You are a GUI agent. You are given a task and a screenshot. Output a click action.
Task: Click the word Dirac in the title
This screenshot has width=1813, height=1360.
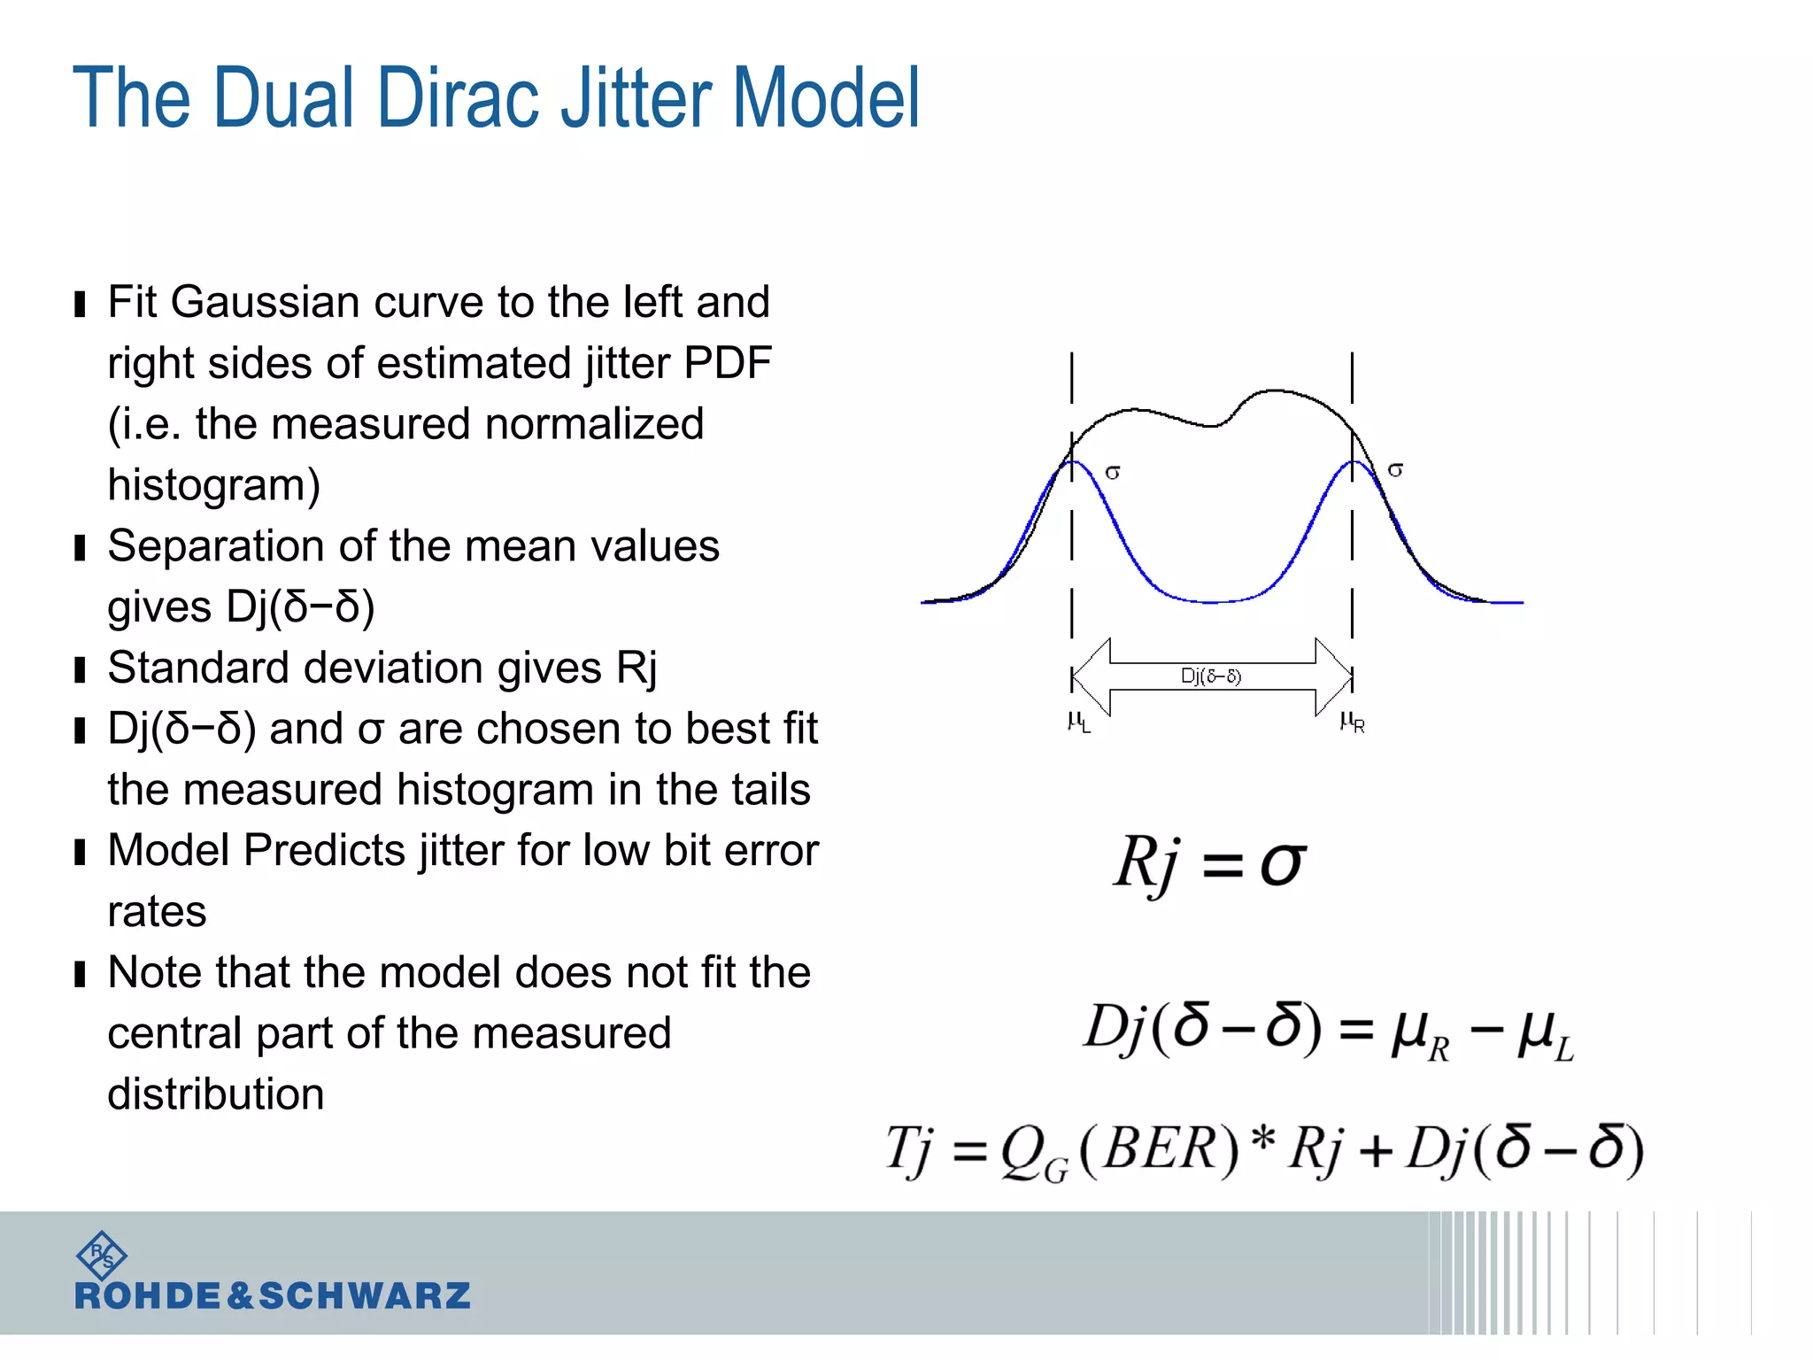click(x=459, y=99)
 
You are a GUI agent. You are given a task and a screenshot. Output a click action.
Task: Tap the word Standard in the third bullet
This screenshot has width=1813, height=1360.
click(x=199, y=668)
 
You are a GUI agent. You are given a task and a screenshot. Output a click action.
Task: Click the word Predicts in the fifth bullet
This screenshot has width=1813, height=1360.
click(x=324, y=851)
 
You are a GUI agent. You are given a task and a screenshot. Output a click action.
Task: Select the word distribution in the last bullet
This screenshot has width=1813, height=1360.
click(x=215, y=1094)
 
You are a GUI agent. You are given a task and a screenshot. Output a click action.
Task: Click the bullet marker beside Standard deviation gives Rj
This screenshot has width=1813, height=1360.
click(x=81, y=670)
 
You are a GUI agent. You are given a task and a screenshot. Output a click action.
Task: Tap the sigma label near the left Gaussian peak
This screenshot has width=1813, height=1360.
click(x=1113, y=473)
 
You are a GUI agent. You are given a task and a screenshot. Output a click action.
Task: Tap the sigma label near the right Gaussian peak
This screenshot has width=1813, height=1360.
click(x=1395, y=470)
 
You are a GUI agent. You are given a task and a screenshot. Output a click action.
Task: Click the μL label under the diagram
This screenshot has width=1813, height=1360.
click(x=1078, y=722)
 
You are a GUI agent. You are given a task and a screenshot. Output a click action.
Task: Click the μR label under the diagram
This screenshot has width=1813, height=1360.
click(x=1352, y=722)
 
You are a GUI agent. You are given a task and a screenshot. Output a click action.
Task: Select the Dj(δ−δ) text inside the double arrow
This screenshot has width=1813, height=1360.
click(x=1211, y=676)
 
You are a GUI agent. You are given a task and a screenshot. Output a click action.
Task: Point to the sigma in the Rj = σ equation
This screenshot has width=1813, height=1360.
click(x=1282, y=863)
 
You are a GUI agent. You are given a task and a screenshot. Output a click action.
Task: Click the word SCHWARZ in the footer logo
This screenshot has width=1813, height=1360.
click(x=365, y=1296)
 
